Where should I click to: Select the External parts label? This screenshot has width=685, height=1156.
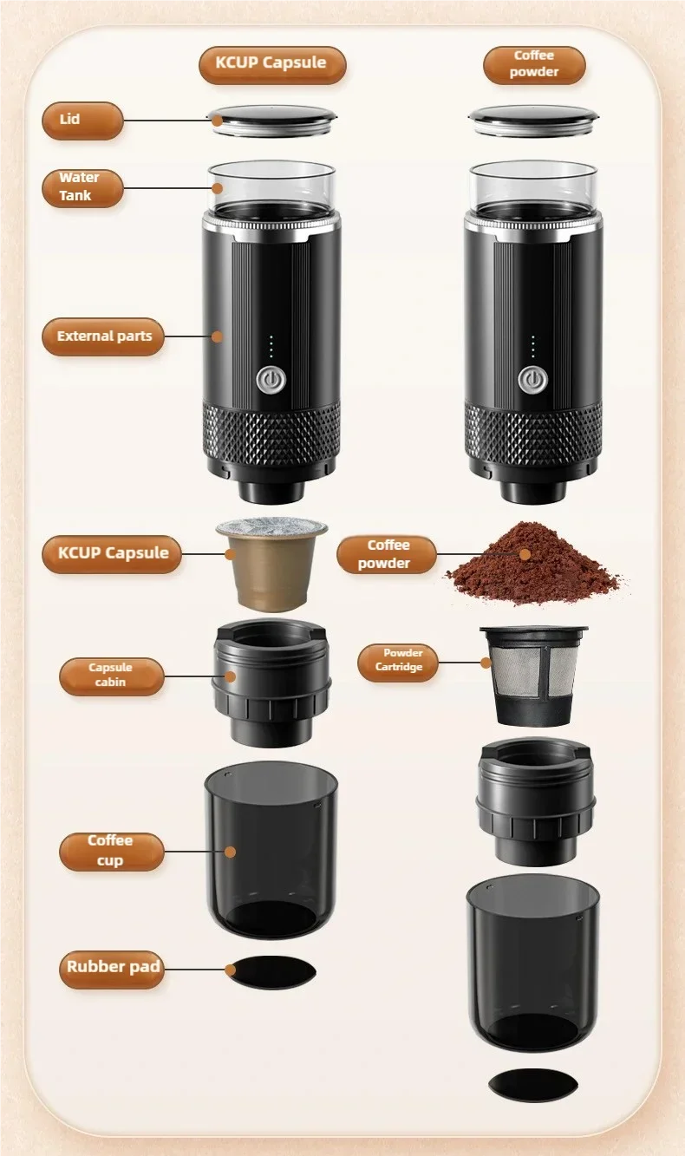click(x=103, y=336)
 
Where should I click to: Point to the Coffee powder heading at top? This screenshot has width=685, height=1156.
click(x=534, y=65)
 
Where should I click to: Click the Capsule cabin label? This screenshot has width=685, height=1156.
click(x=111, y=676)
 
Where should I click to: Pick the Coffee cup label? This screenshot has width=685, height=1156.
click(x=111, y=851)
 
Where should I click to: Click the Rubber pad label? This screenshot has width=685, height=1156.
click(x=112, y=966)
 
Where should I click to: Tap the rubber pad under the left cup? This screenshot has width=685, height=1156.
click(x=271, y=973)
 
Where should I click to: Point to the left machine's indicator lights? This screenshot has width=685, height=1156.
click(x=271, y=347)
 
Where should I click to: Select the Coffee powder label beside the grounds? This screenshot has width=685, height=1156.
click(x=387, y=554)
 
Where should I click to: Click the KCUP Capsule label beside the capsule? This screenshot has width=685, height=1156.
click(x=112, y=553)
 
